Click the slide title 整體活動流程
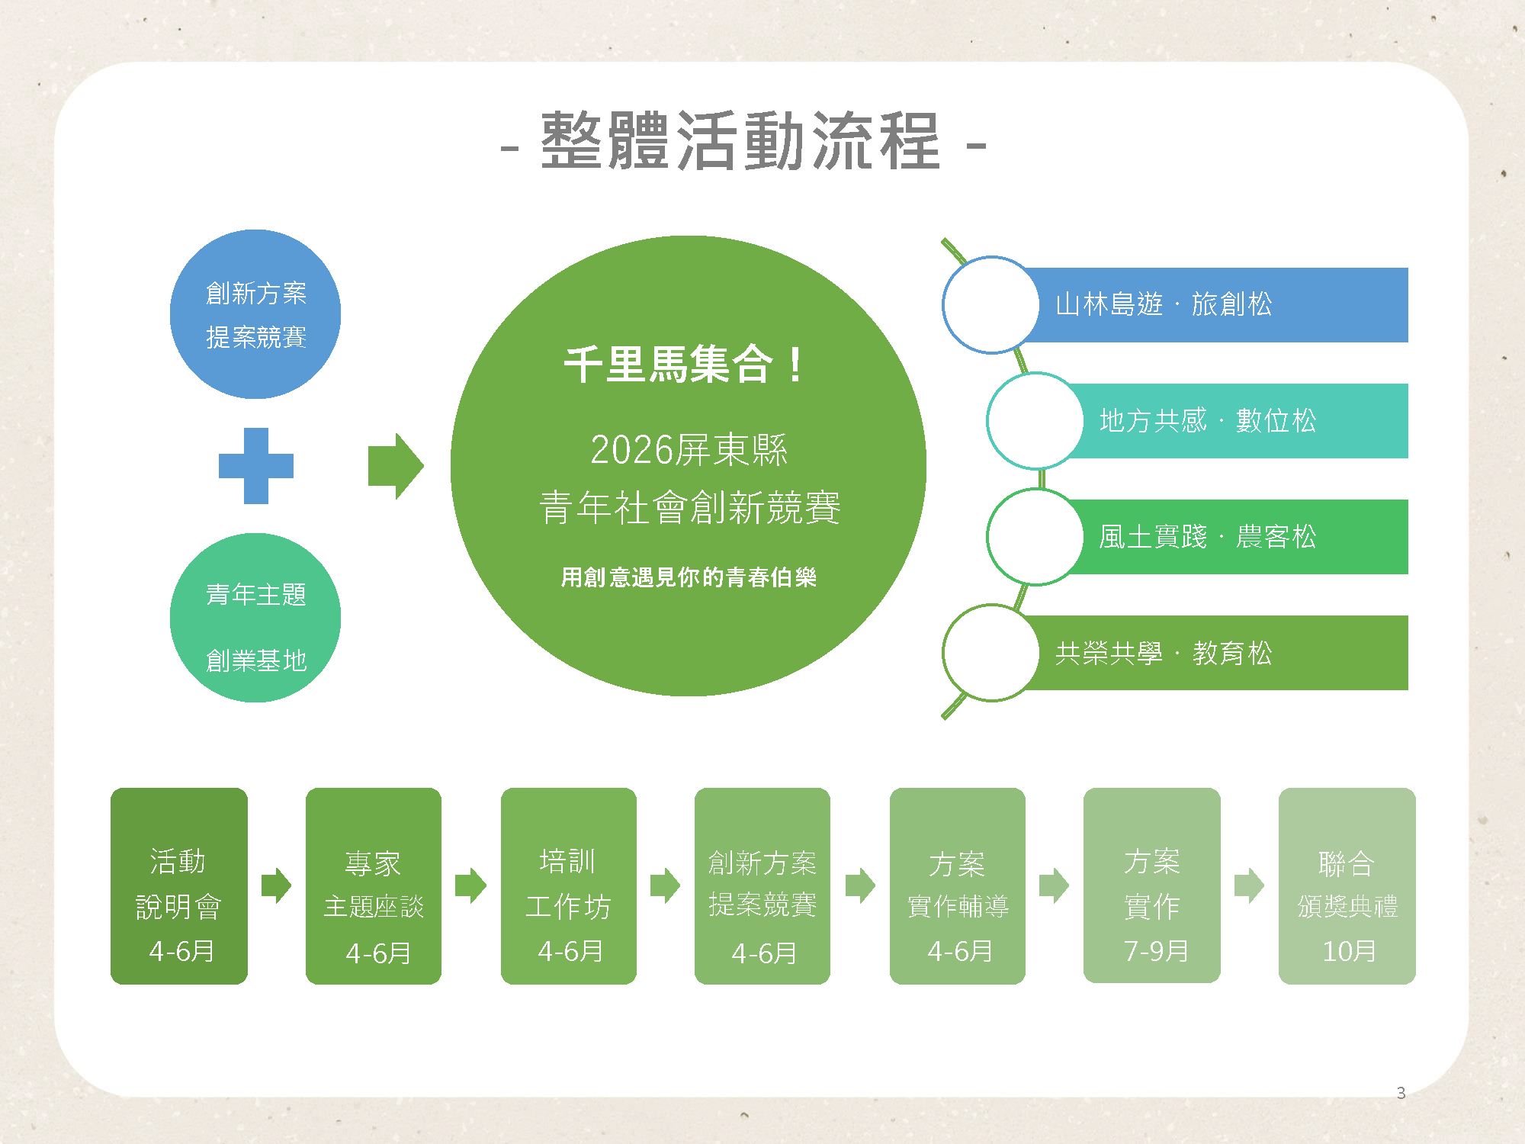point(741,141)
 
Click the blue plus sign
point(256,465)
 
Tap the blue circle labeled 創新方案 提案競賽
point(255,313)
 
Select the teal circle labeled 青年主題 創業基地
point(255,617)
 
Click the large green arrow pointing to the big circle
point(395,466)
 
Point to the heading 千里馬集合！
point(683,365)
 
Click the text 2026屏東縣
point(689,449)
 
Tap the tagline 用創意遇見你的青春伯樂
point(689,577)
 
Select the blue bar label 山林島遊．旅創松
point(1164,304)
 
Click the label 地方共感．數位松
point(1208,421)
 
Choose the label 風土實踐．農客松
point(1208,537)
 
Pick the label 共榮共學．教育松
point(1164,654)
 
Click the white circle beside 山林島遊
point(990,305)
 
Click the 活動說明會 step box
point(179,885)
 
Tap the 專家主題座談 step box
point(374,885)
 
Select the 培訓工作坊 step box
point(569,885)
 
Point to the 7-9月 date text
point(1156,951)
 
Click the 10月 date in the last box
point(1349,951)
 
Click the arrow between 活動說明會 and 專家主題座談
point(276,885)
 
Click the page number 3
point(1401,1093)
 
